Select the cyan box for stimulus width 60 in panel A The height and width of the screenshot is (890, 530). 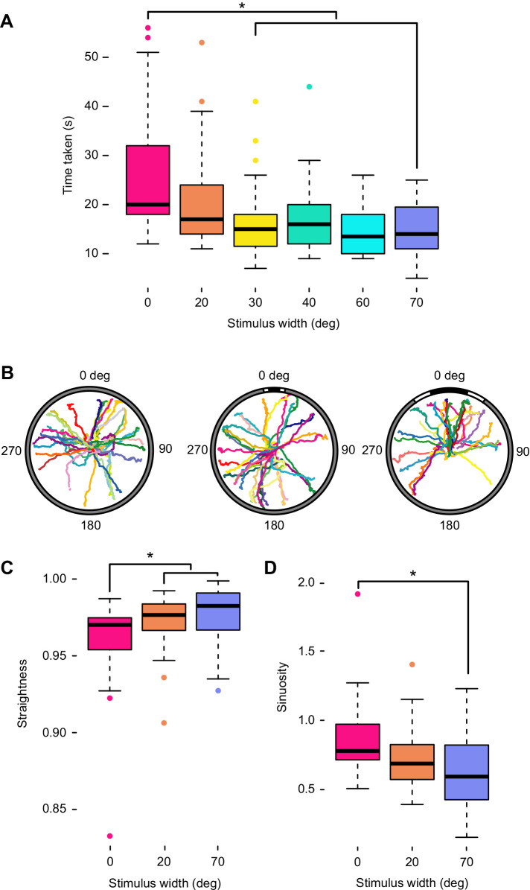click(x=363, y=234)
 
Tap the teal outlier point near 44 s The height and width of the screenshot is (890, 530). click(x=309, y=87)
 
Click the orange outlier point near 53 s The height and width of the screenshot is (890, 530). click(x=202, y=42)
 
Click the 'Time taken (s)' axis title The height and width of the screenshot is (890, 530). click(x=68, y=161)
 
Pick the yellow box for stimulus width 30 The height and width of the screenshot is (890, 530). click(x=255, y=230)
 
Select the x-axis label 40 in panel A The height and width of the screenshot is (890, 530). click(x=309, y=302)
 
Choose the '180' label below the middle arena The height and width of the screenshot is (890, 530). click(x=274, y=525)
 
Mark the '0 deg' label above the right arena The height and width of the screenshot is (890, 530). click(x=448, y=375)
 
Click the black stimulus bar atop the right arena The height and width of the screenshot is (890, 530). click(x=448, y=392)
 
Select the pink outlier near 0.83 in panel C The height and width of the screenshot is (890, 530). click(x=110, y=836)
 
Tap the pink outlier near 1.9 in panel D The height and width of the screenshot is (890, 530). click(x=358, y=594)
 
